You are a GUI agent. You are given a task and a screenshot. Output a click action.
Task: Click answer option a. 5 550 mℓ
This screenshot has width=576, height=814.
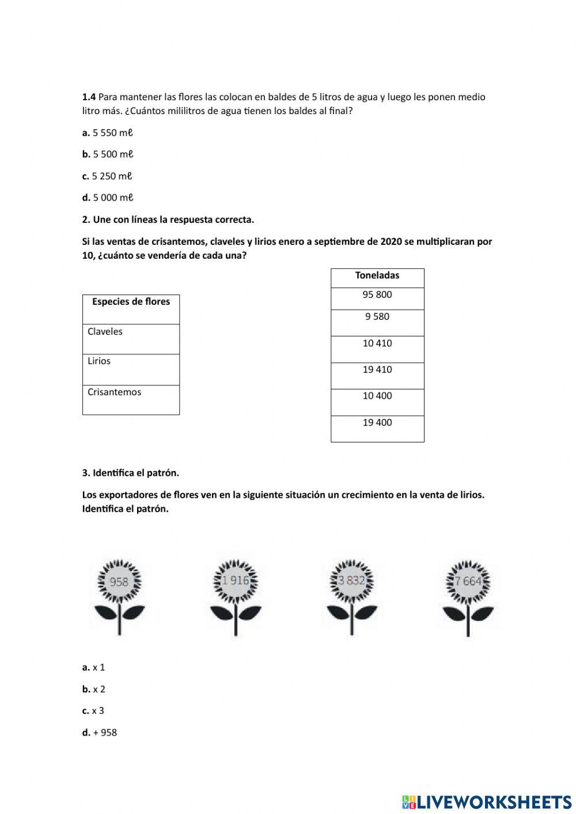pyautogui.click(x=108, y=132)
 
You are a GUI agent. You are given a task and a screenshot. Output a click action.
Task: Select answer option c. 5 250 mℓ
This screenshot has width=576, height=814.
pyautogui.click(x=108, y=176)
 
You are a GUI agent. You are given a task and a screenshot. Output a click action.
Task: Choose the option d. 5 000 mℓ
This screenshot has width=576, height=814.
pyautogui.click(x=108, y=198)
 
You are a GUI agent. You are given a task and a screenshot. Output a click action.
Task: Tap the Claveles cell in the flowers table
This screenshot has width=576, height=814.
pyautogui.click(x=131, y=339)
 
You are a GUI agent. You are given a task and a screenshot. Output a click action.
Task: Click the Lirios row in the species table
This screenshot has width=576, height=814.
pyautogui.click(x=131, y=369)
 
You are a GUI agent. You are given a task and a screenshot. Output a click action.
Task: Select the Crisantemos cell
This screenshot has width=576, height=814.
pyautogui.click(x=131, y=400)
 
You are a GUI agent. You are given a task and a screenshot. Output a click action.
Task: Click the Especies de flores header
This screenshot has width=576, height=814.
pyautogui.click(x=131, y=309)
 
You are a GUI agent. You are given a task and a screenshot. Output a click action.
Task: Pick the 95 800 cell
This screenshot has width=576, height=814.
pyautogui.click(x=377, y=298)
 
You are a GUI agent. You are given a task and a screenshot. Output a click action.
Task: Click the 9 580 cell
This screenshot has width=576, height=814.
pyautogui.click(x=377, y=323)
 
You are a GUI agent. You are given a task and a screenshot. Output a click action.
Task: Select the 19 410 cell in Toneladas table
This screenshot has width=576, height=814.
pyautogui.click(x=377, y=376)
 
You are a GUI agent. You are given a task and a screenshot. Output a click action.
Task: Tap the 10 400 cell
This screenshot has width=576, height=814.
pyautogui.click(x=377, y=402)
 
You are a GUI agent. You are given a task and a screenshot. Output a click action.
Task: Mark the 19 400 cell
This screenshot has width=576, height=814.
pyautogui.click(x=377, y=429)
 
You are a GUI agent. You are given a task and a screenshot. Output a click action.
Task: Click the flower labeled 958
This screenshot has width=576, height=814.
pyautogui.click(x=119, y=582)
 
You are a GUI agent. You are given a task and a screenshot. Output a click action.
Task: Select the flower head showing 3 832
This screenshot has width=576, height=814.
pyautogui.click(x=351, y=581)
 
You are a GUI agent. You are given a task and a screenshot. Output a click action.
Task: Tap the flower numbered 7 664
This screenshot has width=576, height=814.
pyautogui.click(x=468, y=581)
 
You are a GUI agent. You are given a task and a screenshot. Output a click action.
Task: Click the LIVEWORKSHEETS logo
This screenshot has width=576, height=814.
pyautogui.click(x=487, y=801)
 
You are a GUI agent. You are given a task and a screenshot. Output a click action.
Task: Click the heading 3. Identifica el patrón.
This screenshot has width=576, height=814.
pyautogui.click(x=131, y=473)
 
